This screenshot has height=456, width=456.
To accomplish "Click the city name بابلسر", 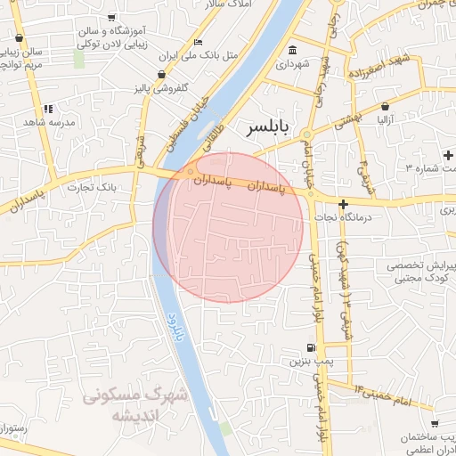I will (x=266, y=129).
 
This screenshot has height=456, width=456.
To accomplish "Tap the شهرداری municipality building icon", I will (x=293, y=49).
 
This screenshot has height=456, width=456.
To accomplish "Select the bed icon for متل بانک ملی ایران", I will (x=198, y=42).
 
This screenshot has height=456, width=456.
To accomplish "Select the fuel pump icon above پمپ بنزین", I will (x=308, y=347).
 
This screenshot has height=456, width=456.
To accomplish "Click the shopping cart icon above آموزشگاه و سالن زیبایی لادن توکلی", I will (x=110, y=18).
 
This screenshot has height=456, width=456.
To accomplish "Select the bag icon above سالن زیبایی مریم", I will (x=20, y=38).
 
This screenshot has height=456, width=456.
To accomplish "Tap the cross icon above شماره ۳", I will (x=448, y=156).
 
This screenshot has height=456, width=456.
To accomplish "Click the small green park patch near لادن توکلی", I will (x=79, y=59).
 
